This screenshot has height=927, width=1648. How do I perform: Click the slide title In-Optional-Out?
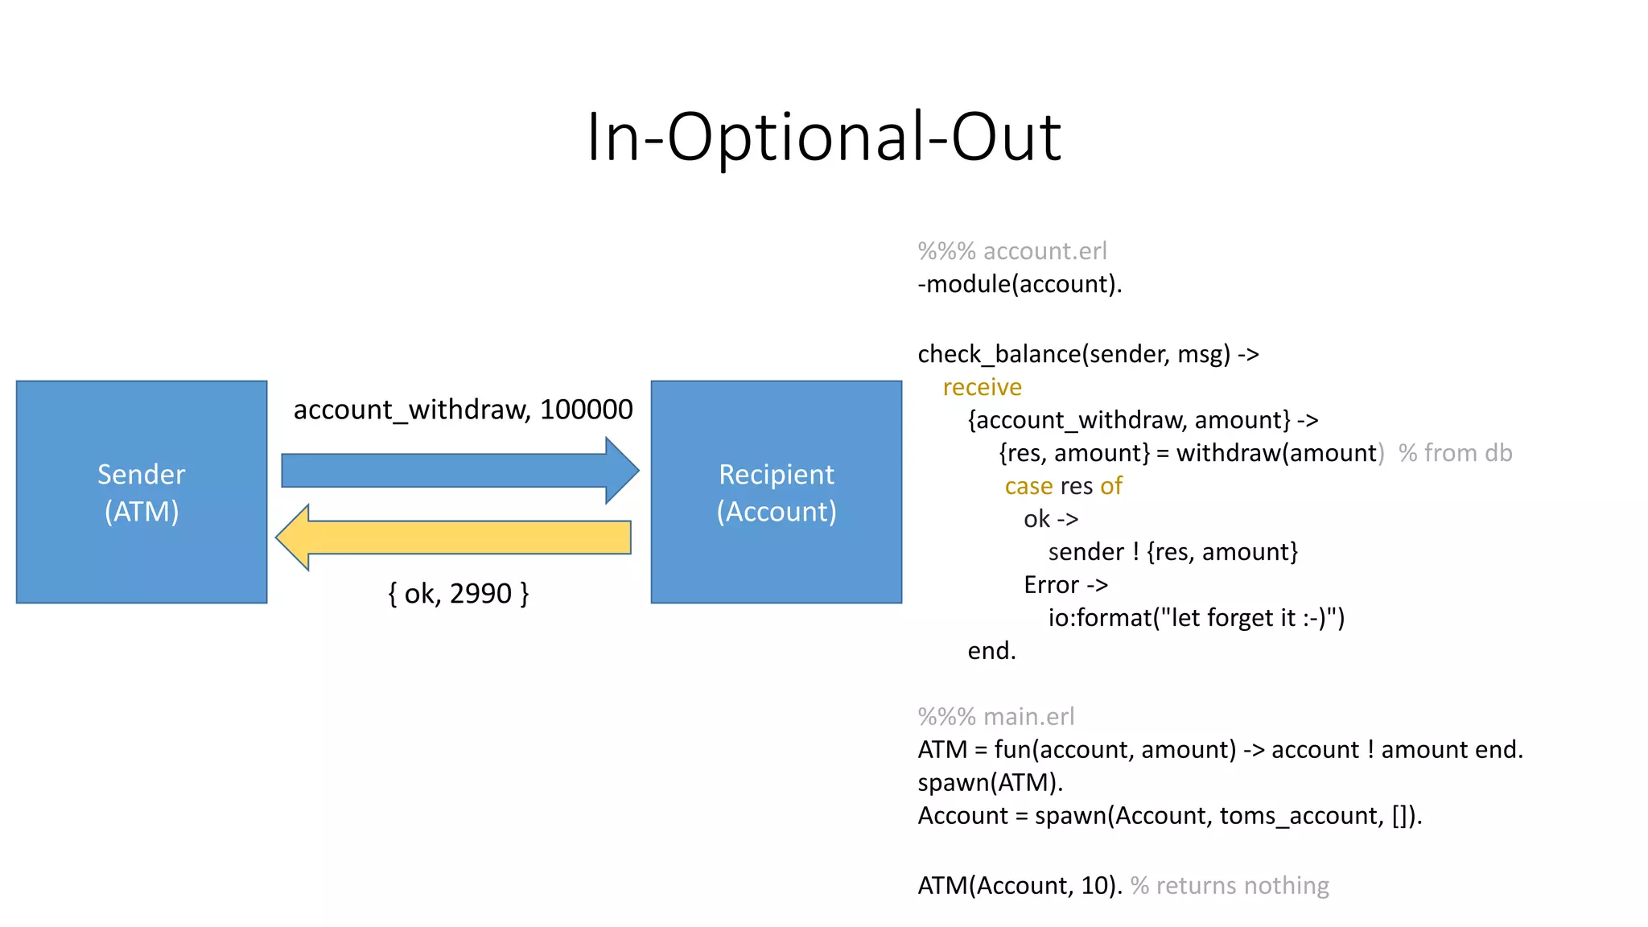[x=824, y=137]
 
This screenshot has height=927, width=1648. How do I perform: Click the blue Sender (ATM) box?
[x=142, y=492]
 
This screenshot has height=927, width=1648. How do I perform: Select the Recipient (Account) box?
[x=776, y=492]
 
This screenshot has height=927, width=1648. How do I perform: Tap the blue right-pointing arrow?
[x=459, y=471]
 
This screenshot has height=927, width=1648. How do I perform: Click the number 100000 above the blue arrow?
[x=586, y=410]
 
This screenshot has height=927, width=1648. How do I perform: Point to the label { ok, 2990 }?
[x=458, y=594]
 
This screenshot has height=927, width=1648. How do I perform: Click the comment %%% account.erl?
[x=1012, y=251]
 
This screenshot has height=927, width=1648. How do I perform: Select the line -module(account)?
[x=1020, y=284]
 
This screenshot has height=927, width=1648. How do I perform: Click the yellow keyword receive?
[x=982, y=387]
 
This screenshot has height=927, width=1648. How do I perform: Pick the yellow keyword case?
[x=1028, y=486]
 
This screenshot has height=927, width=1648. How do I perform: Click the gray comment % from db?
[x=1455, y=453]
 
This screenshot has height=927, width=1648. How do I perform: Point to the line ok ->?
[x=1051, y=519]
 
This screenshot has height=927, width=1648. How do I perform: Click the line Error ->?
[x=1065, y=585]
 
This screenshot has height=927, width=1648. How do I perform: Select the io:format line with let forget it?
[x=1196, y=618]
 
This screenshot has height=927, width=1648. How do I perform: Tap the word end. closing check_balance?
[x=991, y=650]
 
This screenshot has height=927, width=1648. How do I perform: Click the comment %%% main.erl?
[x=995, y=716]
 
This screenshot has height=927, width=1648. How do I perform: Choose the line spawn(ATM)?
[x=990, y=782]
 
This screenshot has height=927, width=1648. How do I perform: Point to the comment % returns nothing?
[x=1230, y=885]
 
